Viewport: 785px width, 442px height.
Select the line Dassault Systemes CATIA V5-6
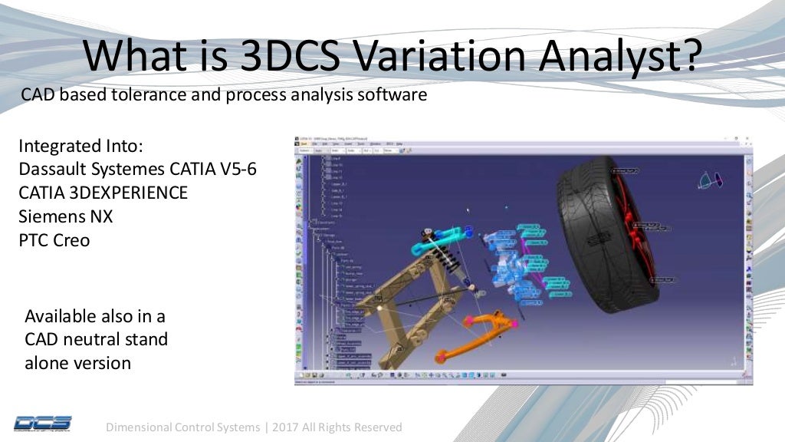pos(137,169)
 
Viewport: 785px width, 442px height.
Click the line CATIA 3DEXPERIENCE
pos(103,193)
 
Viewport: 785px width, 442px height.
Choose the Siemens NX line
pos(65,216)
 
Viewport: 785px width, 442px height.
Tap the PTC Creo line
pos(54,240)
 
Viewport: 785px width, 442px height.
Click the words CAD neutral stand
pos(96,338)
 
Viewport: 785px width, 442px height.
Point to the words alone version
pos(77,362)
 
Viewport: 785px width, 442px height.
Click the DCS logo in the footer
pos(43,423)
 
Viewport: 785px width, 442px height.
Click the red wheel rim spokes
pos(636,230)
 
